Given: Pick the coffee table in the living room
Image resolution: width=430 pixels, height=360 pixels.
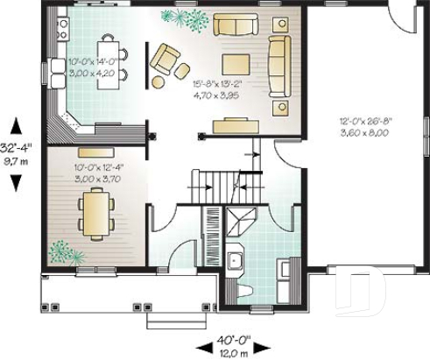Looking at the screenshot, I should coord(236,64).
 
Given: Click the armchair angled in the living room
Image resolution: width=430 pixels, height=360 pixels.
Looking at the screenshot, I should coord(164,60).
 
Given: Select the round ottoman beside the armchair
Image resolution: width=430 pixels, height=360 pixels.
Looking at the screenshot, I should coord(159,82).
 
